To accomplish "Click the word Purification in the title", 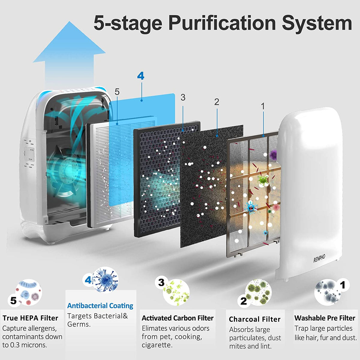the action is coord(222,24).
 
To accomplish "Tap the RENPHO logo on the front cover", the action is coord(319,259).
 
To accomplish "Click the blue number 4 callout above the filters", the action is coord(141,76).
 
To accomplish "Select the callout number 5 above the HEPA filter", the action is coord(117,92).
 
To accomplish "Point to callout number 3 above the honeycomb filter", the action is coord(183,97).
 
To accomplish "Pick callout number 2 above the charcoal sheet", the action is coord(217,102).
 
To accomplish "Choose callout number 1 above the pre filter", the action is coord(263,106).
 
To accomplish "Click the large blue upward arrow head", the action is coord(69,42).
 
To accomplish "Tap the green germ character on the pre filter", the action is coord(263,180).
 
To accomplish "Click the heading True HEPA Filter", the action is coord(30,318).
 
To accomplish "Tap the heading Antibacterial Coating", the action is coord(100,306).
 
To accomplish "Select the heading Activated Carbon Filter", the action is coord(178,318).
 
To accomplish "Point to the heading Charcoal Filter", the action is coord(255,319).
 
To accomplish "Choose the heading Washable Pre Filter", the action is coord(325,318).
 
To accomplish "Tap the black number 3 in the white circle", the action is coord(161,282).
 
